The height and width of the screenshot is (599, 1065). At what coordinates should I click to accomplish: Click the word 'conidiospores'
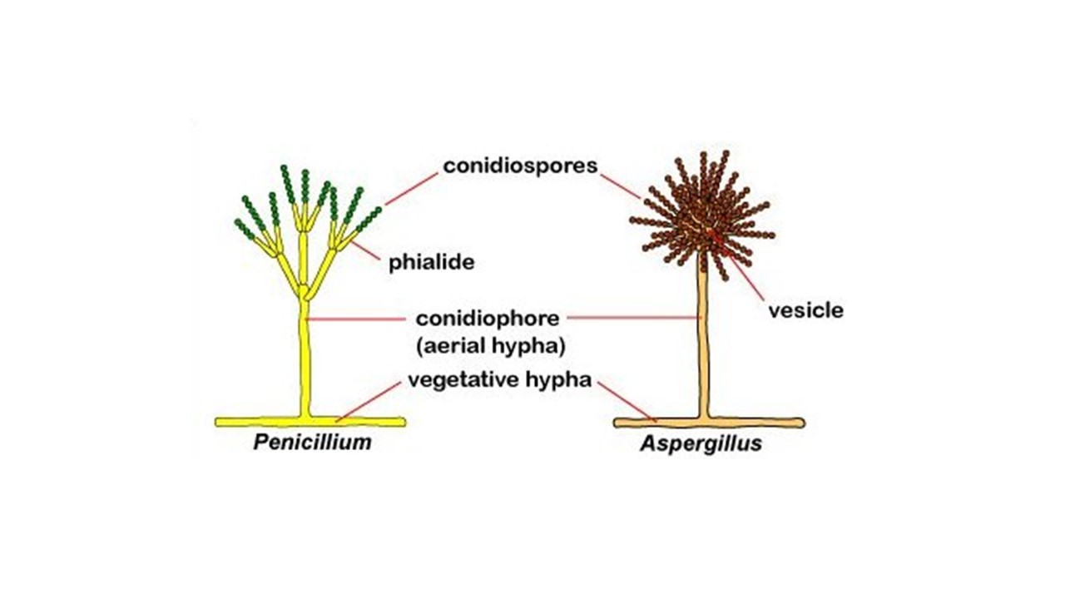tap(520, 166)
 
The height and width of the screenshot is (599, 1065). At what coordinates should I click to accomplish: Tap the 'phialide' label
tap(432, 262)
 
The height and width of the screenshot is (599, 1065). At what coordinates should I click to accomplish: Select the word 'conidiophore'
tap(488, 319)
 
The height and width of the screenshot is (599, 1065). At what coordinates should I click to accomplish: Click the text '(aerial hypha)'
tap(491, 346)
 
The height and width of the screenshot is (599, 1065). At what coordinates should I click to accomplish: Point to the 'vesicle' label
tap(806, 310)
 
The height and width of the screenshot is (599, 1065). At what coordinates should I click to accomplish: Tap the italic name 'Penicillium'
tap(312, 442)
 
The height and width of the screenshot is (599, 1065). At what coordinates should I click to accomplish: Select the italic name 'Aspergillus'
tap(701, 443)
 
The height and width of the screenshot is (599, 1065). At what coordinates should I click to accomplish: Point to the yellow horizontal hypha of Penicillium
tap(310, 422)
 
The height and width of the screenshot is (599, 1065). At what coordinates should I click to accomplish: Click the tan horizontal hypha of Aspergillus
tap(709, 423)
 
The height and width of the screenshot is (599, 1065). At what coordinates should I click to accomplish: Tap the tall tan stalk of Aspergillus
tap(704, 342)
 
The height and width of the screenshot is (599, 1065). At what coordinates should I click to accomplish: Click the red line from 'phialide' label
tap(366, 251)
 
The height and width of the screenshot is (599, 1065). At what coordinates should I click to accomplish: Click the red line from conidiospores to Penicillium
tap(411, 189)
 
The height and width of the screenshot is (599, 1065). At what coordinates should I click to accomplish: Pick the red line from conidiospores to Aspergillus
tap(621, 186)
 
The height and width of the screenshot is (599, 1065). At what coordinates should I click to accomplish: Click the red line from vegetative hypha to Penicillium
tap(368, 402)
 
